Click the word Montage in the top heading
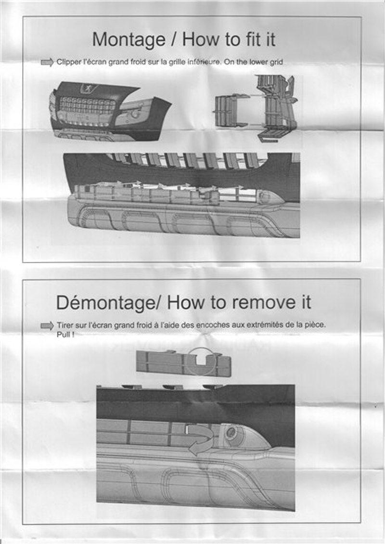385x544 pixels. point(128,39)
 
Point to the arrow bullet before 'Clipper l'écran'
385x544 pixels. point(47,63)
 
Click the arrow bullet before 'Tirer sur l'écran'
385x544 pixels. point(47,326)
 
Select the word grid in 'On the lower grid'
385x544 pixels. point(277,62)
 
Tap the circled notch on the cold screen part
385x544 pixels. point(200,361)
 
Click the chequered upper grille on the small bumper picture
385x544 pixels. point(88,104)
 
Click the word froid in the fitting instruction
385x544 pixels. point(138,62)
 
